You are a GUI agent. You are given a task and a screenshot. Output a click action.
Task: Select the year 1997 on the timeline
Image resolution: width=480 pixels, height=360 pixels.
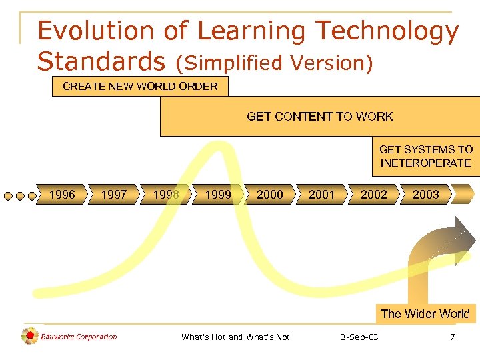point(114,195)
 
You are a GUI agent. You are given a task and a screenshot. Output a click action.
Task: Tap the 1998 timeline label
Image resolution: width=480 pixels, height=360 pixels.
point(166,195)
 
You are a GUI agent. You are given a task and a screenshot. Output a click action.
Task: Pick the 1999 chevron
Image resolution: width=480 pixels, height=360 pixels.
point(218,195)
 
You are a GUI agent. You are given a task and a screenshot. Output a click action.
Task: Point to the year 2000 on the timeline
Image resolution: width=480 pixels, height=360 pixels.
point(270,195)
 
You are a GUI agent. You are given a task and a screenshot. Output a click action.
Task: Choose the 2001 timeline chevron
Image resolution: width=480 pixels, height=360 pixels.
point(322,195)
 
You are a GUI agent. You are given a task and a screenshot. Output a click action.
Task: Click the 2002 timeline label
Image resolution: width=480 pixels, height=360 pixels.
point(374,195)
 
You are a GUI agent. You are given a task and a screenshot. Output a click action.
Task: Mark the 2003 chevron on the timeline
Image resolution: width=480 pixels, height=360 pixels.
point(426,195)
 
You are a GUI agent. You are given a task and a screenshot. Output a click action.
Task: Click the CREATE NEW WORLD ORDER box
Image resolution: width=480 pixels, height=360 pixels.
point(140,87)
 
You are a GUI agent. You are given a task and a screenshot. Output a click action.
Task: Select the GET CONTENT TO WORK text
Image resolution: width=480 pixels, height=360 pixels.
point(320,117)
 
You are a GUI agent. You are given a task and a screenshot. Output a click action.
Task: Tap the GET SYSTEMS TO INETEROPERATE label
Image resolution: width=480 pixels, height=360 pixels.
point(426,157)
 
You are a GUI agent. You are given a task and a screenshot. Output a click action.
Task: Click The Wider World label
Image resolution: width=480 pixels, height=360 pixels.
point(425,313)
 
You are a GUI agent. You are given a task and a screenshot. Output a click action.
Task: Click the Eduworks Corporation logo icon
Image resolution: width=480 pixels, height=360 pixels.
point(29,337)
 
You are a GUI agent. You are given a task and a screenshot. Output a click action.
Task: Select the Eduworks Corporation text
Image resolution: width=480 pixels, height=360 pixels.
point(79,337)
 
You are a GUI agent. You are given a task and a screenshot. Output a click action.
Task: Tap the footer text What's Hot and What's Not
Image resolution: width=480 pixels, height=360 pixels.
point(235,337)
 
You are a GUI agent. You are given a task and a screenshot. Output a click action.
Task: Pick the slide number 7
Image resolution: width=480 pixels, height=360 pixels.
point(453,337)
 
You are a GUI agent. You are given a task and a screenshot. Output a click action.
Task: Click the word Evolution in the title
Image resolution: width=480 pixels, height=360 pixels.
point(92,31)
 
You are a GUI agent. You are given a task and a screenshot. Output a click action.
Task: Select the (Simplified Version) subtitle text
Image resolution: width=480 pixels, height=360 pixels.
point(274,63)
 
